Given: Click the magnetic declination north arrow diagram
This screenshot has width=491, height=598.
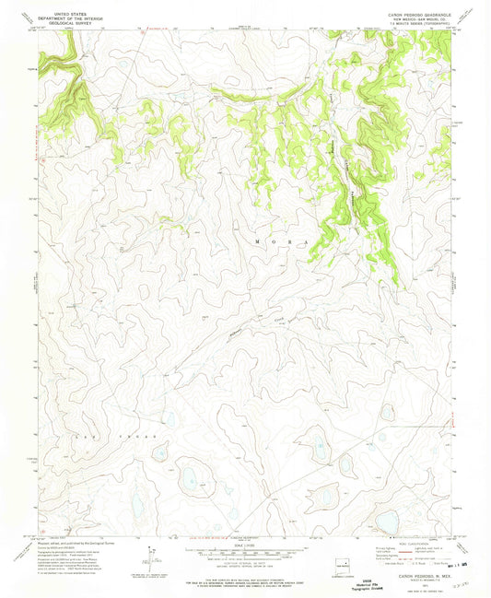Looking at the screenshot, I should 147,558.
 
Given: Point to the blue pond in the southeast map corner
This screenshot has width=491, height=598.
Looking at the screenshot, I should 387,522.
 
